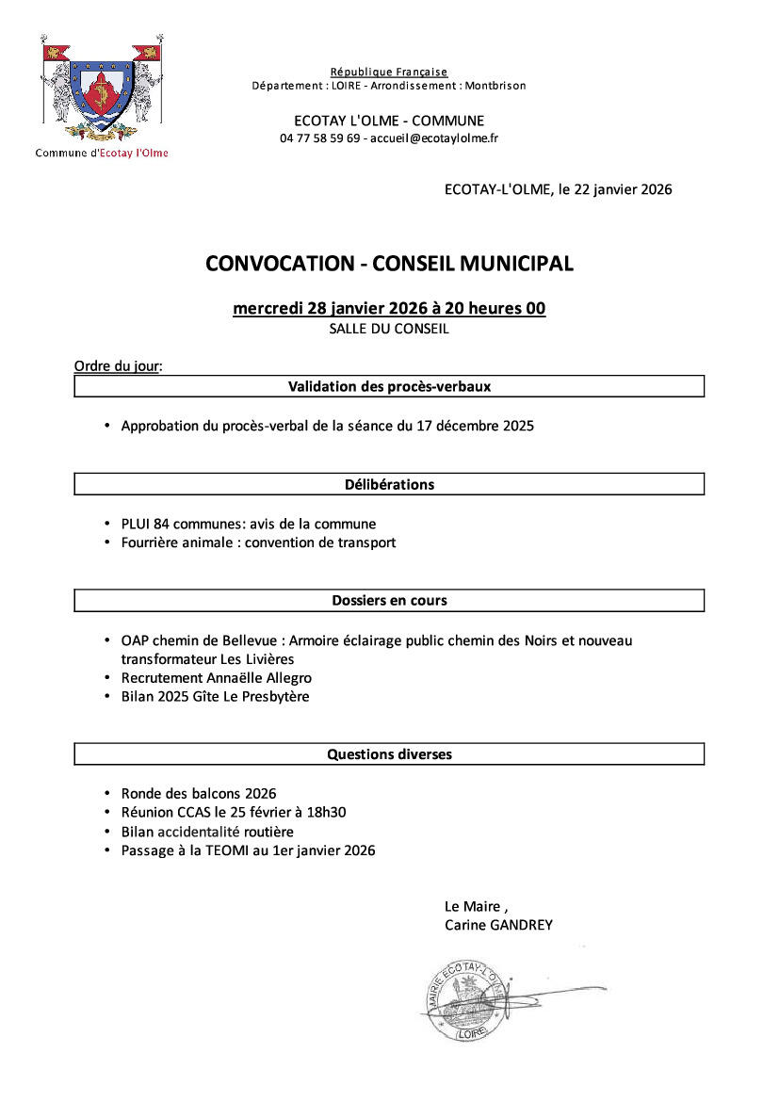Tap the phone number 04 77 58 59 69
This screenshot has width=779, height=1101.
(320, 138)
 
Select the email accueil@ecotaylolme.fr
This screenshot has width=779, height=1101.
(434, 138)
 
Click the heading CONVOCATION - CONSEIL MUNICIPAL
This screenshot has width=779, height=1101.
(389, 264)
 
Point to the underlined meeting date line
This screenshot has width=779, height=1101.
(389, 309)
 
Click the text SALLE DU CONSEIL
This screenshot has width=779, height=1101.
(389, 330)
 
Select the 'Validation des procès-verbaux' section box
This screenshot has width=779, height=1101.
(389, 386)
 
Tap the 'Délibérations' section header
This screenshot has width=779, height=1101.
(389, 484)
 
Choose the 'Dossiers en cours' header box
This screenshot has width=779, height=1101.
(389, 600)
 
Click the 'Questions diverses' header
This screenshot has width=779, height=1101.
(389, 753)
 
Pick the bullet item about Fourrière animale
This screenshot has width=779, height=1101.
(258, 542)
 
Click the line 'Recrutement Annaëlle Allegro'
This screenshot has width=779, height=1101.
(216, 678)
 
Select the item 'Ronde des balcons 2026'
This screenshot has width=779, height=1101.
(198, 794)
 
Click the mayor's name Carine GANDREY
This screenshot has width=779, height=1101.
(498, 925)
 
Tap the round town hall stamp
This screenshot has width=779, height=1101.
(461, 1000)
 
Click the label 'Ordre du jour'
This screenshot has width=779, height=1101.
(117, 366)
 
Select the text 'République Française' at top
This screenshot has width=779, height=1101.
(389, 73)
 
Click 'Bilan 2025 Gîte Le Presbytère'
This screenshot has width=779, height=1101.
(215, 697)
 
